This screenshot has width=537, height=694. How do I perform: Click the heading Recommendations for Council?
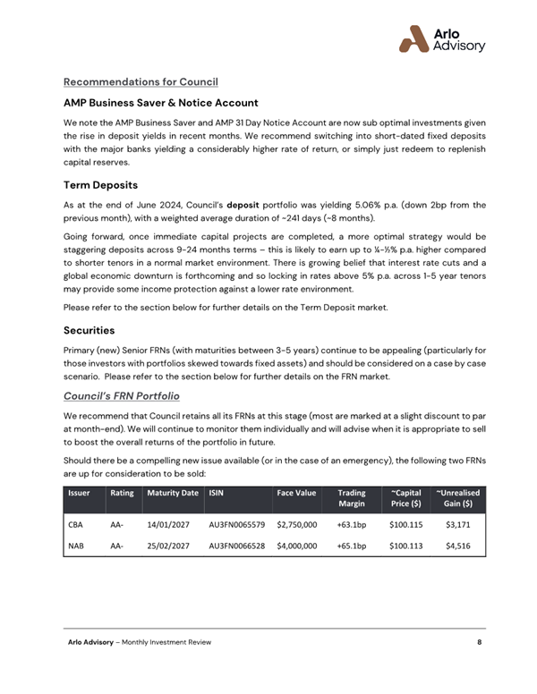[x=141, y=82]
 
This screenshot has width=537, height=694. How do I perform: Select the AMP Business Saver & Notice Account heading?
[x=160, y=103]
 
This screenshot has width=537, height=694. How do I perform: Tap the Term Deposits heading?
[x=100, y=186]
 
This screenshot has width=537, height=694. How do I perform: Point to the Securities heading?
[x=90, y=329]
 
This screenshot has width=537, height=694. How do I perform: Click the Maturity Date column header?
[x=173, y=492]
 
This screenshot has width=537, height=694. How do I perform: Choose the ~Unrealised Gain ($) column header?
[x=457, y=497]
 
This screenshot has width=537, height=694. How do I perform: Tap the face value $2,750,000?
[x=297, y=525]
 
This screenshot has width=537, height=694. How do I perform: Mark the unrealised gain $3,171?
[x=457, y=525]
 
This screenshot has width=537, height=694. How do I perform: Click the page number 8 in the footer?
[x=480, y=642]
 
